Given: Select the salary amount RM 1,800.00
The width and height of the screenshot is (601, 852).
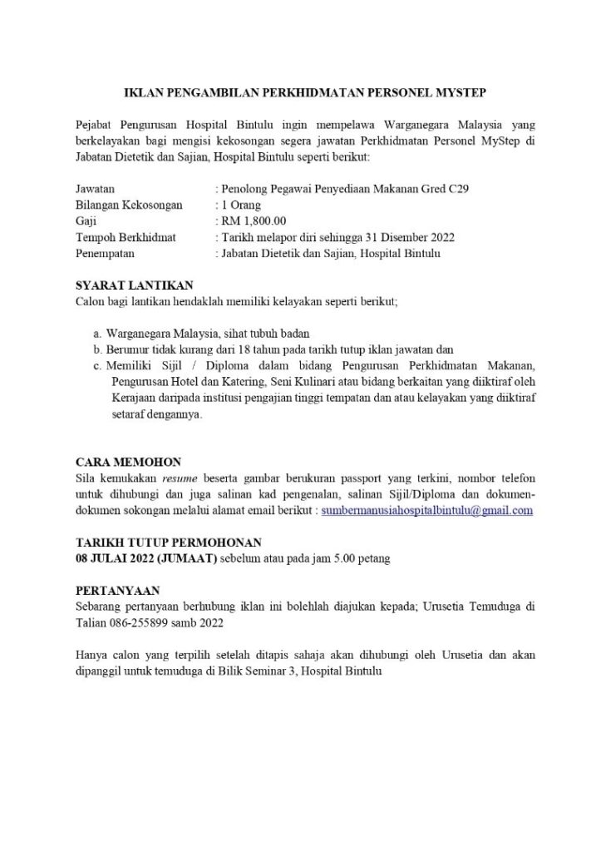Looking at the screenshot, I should coord(254,221).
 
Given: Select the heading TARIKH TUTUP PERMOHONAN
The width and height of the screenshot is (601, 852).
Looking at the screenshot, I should coord(169,542).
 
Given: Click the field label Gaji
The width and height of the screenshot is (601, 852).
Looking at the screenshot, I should coord(85,221).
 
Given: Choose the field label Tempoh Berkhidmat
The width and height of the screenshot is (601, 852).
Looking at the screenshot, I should coord(126,237).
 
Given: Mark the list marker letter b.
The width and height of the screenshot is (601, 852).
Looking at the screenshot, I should coord(97,349).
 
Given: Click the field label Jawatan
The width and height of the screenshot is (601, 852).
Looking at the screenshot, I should coord(95,190).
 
